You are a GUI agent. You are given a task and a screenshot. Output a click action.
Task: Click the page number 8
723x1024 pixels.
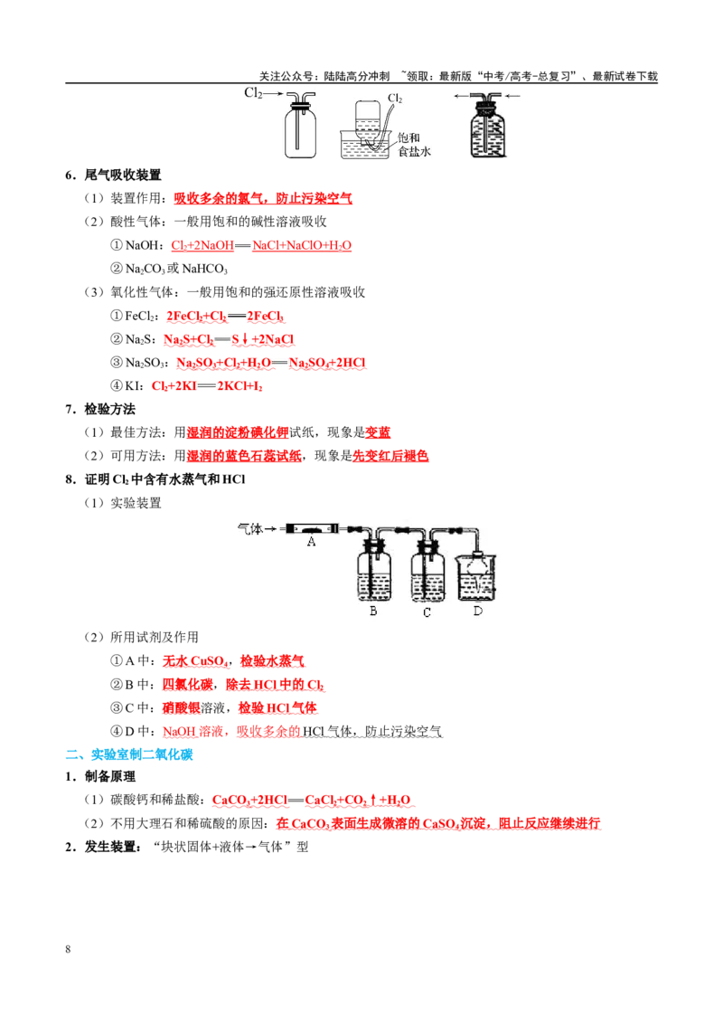pyautogui.click(x=68, y=949)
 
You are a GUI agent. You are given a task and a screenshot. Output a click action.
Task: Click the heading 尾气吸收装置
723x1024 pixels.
pyautogui.click(x=123, y=175)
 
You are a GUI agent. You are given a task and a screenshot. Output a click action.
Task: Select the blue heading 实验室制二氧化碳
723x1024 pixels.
pyautogui.click(x=142, y=754)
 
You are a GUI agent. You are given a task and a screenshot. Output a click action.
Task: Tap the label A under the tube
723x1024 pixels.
pyautogui.click(x=311, y=541)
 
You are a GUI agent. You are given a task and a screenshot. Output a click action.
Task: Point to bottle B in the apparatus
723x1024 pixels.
pyautogui.click(x=374, y=574)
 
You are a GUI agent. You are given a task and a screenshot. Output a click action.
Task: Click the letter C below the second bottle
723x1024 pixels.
pyautogui.click(x=427, y=612)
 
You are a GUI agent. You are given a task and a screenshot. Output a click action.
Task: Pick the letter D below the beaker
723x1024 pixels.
pyautogui.click(x=478, y=612)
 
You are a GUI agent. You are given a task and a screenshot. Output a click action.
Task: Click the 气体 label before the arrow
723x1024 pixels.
pyautogui.click(x=250, y=528)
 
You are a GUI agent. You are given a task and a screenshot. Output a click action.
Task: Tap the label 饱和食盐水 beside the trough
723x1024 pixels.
pyautogui.click(x=414, y=145)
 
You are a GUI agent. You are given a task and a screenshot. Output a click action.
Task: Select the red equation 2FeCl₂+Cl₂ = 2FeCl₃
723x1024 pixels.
pyautogui.click(x=225, y=316)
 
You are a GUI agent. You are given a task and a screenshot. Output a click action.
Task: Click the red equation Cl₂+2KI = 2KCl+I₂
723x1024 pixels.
pyautogui.click(x=207, y=386)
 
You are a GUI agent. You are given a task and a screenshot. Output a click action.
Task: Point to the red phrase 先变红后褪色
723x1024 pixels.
pyautogui.click(x=390, y=456)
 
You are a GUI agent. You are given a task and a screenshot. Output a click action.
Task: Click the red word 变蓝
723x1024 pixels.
pyautogui.click(x=378, y=432)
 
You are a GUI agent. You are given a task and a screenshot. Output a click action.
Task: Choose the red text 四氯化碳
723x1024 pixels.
pyautogui.click(x=187, y=685)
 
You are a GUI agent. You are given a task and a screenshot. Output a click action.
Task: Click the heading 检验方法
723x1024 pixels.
pyautogui.click(x=109, y=410)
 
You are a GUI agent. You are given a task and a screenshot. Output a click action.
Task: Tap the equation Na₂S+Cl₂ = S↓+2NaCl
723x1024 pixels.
pyautogui.click(x=229, y=339)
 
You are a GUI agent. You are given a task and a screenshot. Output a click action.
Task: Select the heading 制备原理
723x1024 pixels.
pyautogui.click(x=109, y=776)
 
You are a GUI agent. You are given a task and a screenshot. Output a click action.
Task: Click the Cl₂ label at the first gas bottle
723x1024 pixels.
pyautogui.click(x=253, y=93)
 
